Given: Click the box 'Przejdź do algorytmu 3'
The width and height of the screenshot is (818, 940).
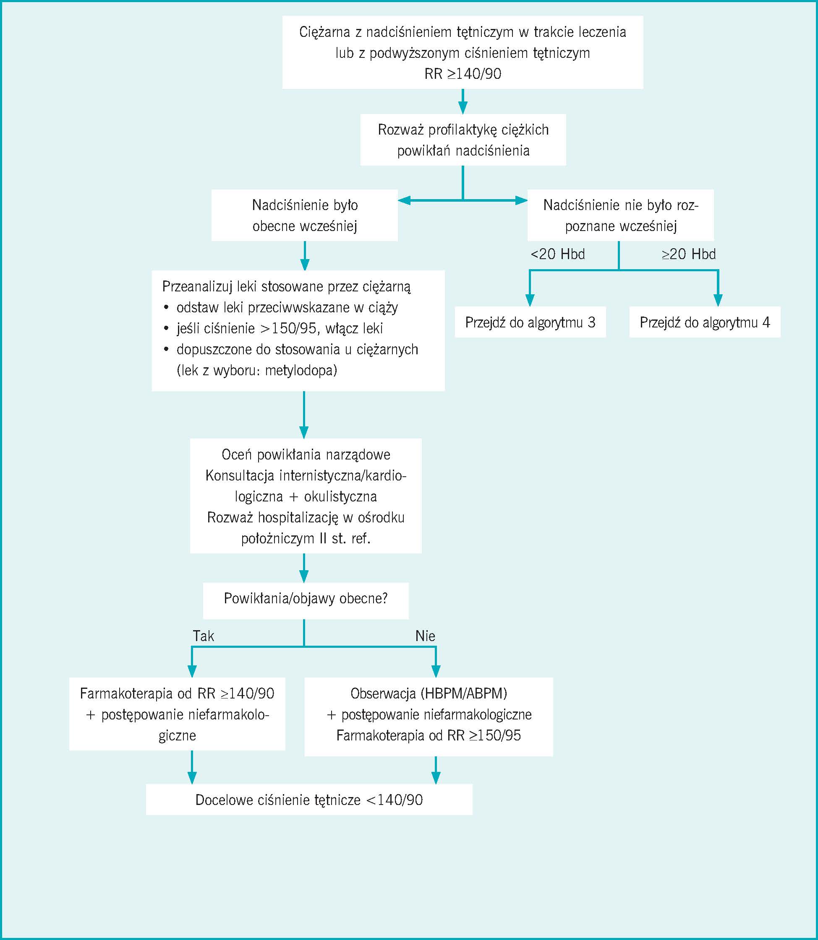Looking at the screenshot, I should click(530, 322).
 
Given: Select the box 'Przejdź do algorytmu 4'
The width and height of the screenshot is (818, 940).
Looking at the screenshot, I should click(704, 322).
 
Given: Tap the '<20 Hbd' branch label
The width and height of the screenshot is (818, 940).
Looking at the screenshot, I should click(557, 254).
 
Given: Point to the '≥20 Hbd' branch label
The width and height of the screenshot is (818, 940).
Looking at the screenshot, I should click(688, 254).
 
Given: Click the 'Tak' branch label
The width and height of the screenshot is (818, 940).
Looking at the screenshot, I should click(203, 636).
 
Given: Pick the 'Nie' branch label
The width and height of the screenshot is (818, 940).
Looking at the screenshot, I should click(425, 636).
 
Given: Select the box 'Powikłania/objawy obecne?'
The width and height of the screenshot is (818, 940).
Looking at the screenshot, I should click(306, 599).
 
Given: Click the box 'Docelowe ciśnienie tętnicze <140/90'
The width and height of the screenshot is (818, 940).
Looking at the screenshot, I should click(309, 800).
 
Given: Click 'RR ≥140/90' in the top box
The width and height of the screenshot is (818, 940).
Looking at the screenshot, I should click(463, 74).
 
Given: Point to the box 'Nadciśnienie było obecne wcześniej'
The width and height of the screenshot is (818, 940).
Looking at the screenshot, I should click(304, 215).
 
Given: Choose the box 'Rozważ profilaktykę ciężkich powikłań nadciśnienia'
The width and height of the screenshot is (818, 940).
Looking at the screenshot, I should click(463, 140).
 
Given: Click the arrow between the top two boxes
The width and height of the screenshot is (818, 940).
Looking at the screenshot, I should click(463, 101).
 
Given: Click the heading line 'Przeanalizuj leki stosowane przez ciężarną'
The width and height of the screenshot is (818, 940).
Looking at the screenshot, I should click(286, 286).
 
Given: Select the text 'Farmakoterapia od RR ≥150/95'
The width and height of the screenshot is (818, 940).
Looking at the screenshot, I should click(428, 735).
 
